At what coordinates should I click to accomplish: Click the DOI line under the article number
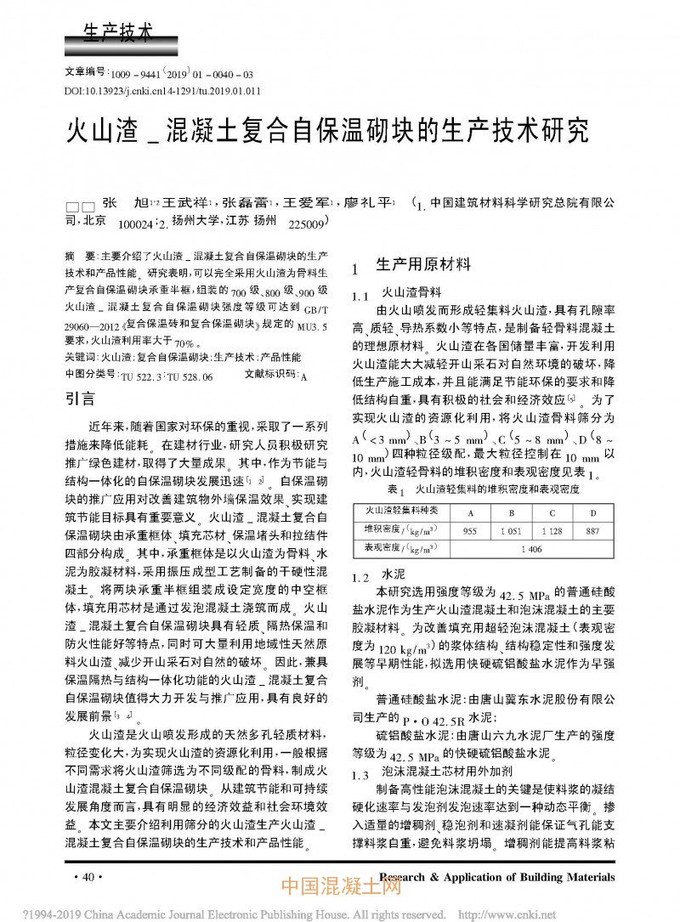coord(162,91)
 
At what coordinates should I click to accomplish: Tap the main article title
coord(326,133)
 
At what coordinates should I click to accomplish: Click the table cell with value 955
coord(469,530)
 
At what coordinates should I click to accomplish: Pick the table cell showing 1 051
coord(512,530)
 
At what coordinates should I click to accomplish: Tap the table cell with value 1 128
coord(552,530)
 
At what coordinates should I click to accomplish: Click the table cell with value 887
coord(593,530)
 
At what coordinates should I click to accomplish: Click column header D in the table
coord(593,512)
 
